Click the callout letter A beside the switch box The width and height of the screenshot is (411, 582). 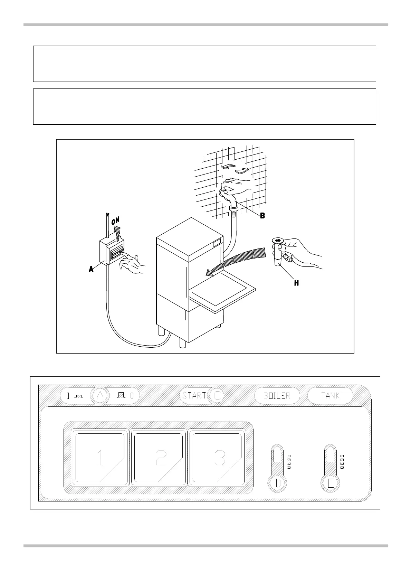(91, 269)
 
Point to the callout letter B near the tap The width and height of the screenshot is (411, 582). (262, 216)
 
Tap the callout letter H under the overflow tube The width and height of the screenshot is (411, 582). (296, 283)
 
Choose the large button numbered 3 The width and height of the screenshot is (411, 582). (217, 458)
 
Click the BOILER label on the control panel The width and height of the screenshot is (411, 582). (277, 396)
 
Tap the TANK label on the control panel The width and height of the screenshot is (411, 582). (330, 396)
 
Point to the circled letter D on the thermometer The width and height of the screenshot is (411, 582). (278, 482)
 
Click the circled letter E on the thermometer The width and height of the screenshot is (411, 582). (331, 482)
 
